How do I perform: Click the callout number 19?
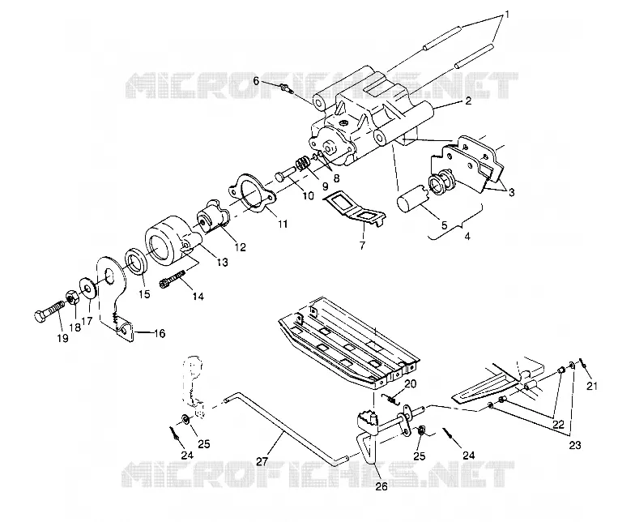pyautogui.click(x=63, y=338)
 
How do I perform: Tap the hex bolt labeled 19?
pyautogui.click(x=49, y=310)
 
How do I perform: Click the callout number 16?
pyautogui.click(x=159, y=334)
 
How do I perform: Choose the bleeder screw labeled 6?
pyautogui.click(x=288, y=88)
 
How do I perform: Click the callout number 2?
pyautogui.click(x=468, y=101)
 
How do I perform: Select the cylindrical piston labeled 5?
pyautogui.click(x=413, y=199)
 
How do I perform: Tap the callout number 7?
pyautogui.click(x=362, y=246)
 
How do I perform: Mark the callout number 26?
pyautogui.click(x=381, y=486)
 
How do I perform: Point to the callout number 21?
pyautogui.click(x=592, y=386)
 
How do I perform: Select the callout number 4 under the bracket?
pyautogui.click(x=467, y=237)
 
